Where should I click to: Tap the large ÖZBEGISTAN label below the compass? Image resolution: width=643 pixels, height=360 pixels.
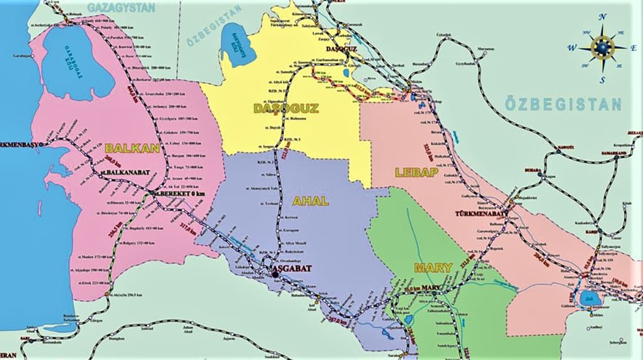pos(564,104)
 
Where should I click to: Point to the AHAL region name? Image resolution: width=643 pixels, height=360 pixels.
pos(310,201)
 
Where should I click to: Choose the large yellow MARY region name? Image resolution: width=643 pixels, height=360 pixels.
pos(433,268)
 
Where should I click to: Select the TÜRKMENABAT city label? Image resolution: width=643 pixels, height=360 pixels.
pos(481,214)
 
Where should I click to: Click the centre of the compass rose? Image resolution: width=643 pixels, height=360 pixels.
pos(602,48)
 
